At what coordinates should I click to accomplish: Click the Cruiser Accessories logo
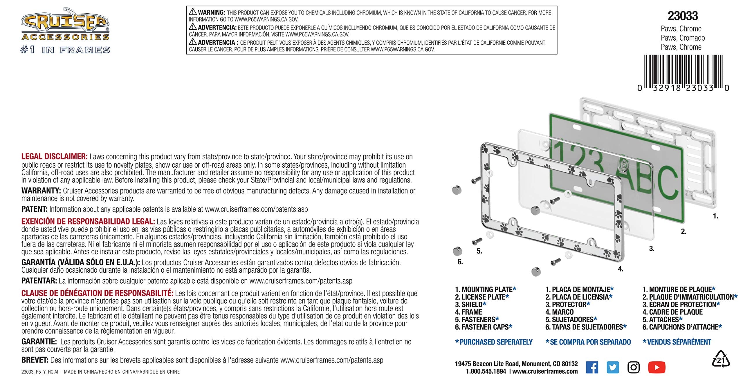(x=65, y=24)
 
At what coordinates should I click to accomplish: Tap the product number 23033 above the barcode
(x=683, y=16)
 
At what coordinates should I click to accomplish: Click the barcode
(x=683, y=71)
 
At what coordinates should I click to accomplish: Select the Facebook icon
(x=592, y=367)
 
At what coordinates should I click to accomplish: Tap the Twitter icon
(x=613, y=367)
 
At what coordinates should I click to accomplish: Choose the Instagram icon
(x=633, y=367)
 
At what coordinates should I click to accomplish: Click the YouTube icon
(x=657, y=367)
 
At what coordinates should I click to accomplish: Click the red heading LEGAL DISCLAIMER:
(x=54, y=157)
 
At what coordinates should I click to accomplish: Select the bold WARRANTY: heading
(x=41, y=191)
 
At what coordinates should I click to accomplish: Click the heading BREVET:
(x=35, y=360)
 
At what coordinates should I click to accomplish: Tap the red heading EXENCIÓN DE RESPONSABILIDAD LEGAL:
(x=88, y=222)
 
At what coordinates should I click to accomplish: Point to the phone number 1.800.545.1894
(x=486, y=371)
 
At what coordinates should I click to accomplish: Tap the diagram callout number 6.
(x=460, y=262)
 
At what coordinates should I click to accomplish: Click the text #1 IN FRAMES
(x=65, y=50)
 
